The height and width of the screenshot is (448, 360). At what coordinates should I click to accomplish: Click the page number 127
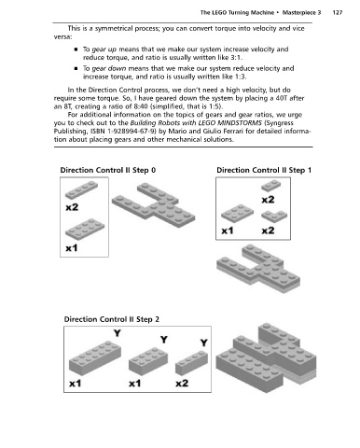click(x=338, y=12)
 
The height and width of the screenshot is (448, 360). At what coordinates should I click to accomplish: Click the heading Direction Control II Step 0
click(x=108, y=170)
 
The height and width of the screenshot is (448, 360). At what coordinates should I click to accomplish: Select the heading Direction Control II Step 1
click(x=264, y=170)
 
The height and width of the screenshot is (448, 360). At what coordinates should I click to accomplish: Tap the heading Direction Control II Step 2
click(x=112, y=319)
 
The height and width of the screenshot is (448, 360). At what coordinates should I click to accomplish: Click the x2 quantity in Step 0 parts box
click(x=72, y=207)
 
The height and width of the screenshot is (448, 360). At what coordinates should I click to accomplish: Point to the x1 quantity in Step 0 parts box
click(x=72, y=248)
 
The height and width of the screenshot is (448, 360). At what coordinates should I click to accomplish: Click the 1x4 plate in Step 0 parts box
click(x=81, y=189)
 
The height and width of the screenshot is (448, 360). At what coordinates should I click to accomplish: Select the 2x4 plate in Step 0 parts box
click(x=85, y=230)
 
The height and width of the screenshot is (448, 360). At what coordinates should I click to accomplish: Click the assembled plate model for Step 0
click(x=154, y=204)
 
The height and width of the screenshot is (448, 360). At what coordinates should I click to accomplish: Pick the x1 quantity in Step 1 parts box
click(x=228, y=231)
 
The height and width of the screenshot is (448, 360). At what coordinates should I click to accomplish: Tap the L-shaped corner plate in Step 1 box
click(x=274, y=217)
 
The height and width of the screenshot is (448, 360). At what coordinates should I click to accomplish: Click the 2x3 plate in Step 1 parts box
click(x=237, y=213)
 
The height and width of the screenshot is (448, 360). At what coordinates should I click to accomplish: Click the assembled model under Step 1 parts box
click(x=258, y=268)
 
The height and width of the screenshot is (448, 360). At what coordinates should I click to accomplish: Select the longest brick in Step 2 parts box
click(x=95, y=358)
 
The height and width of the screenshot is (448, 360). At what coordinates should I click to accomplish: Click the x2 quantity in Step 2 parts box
click(x=182, y=383)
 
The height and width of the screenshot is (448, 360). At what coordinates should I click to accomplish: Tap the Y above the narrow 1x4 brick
click(x=203, y=343)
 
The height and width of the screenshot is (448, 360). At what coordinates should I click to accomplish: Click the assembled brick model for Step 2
click(x=266, y=357)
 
